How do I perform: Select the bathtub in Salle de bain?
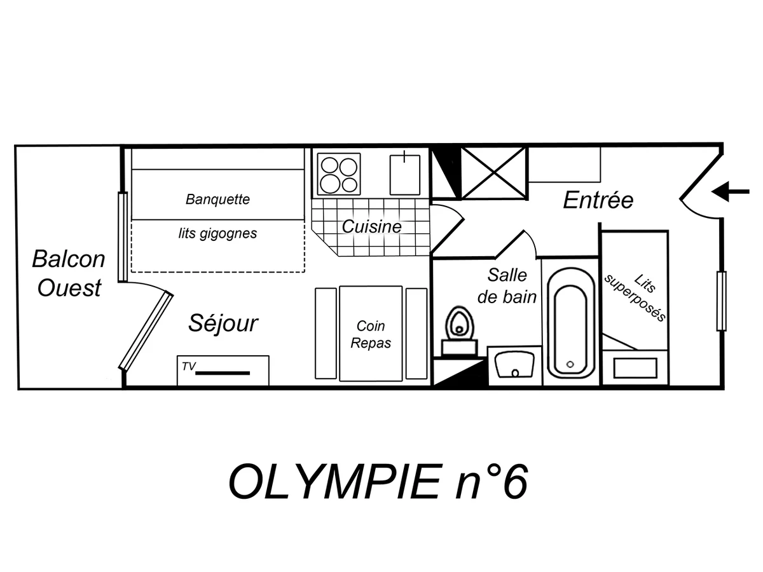coord(570,323)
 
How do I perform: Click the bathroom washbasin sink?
coord(514,365)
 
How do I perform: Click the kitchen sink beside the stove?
coord(405,174)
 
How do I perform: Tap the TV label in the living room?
coord(188,366)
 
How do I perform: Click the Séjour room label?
coord(223,323)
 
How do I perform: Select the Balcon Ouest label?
coord(69,273)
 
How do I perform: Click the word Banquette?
coord(217,199)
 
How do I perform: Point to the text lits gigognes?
coord(217,233)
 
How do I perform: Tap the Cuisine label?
coord(372,226)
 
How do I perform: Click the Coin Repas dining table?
coord(371,334)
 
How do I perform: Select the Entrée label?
coord(598,200)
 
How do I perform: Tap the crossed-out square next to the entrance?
coord(493,173)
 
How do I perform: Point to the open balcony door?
coord(146,330)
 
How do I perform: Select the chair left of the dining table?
coord(326,334)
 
